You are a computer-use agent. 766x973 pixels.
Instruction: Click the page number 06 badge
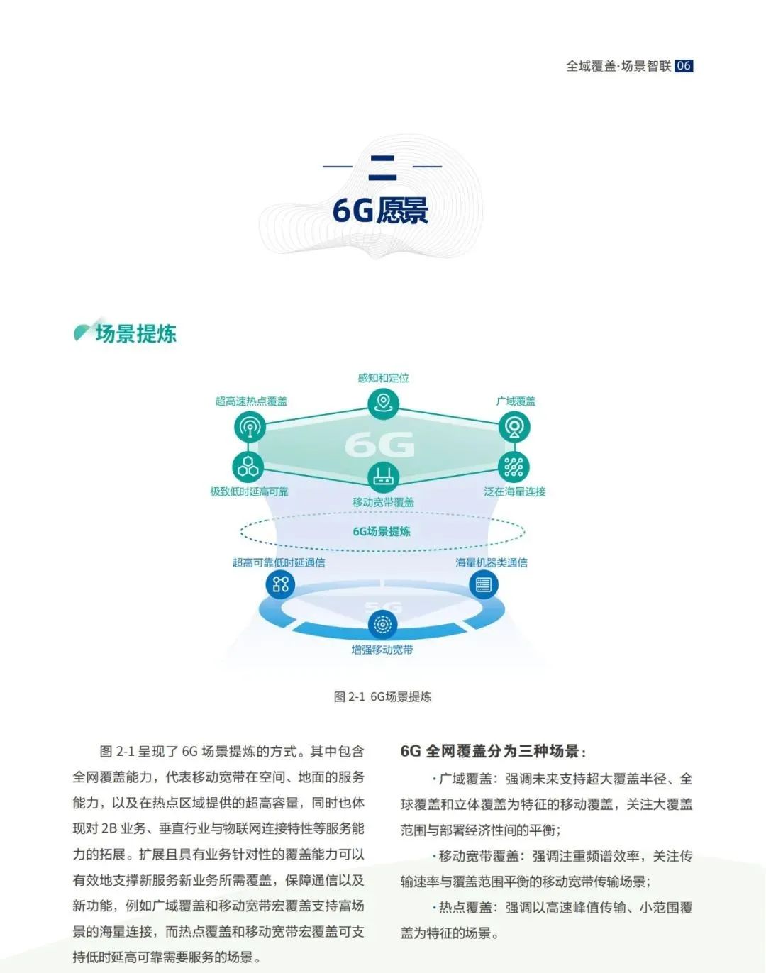pyautogui.click(x=683, y=66)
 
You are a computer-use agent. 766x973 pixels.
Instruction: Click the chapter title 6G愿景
pyautogui.click(x=380, y=210)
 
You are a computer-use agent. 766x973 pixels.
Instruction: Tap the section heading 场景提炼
pyautogui.click(x=135, y=334)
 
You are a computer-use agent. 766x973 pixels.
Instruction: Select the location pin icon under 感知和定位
pyautogui.click(x=383, y=403)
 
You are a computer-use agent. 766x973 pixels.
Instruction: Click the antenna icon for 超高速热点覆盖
pyautogui.click(x=250, y=427)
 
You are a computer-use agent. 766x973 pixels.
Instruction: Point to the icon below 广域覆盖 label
pyautogui.click(x=514, y=427)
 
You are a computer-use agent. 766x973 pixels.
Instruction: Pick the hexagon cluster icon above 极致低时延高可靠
pyautogui.click(x=248, y=467)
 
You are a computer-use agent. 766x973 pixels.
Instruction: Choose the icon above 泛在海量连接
pyautogui.click(x=514, y=467)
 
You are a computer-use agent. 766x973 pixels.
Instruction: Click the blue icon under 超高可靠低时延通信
pyautogui.click(x=280, y=584)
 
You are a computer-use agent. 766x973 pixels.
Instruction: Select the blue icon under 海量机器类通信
pyautogui.click(x=484, y=584)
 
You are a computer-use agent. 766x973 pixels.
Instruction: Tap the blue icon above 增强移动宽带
pyautogui.click(x=382, y=624)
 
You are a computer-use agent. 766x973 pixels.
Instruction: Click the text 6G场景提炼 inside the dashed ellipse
pyautogui.click(x=382, y=531)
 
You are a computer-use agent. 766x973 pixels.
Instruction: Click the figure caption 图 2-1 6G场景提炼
pyautogui.click(x=382, y=696)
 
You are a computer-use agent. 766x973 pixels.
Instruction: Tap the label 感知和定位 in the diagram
pyautogui.click(x=384, y=377)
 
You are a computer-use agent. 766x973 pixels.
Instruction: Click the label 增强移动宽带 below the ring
pyautogui.click(x=382, y=650)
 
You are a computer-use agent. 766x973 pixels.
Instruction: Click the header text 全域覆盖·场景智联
pyautogui.click(x=618, y=66)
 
